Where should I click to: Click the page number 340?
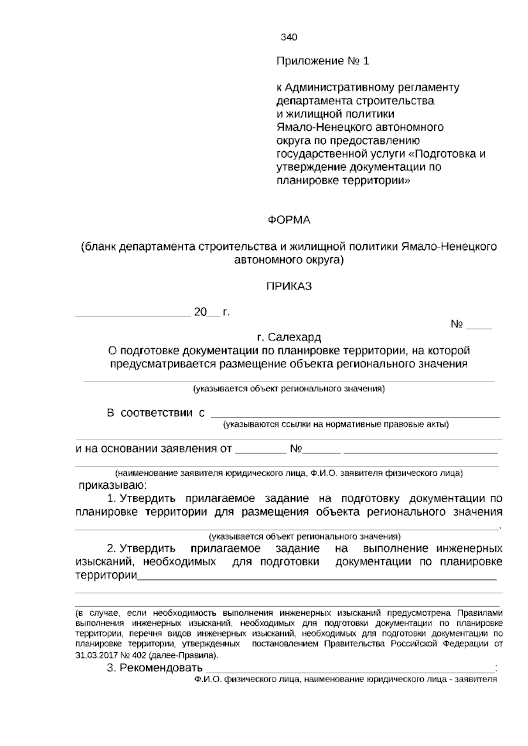click(289, 37)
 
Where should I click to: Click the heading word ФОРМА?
click(289, 220)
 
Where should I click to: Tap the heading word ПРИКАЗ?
click(289, 287)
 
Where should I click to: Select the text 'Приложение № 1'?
click(323, 61)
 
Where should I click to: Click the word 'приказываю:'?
click(113, 486)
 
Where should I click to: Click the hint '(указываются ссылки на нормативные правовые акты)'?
click(335, 424)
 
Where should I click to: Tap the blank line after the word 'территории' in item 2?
click(317, 578)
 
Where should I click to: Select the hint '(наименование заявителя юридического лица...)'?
click(289, 474)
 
